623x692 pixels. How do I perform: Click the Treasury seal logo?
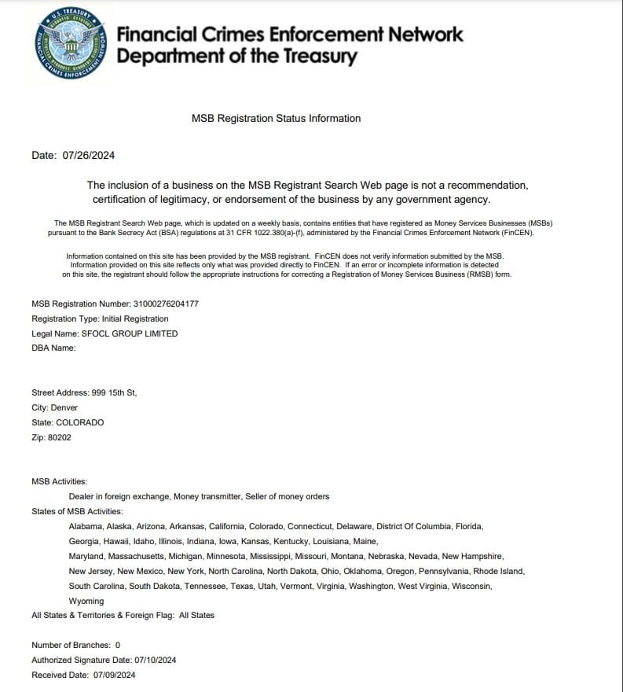[x=71, y=43]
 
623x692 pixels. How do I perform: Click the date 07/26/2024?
[x=89, y=155]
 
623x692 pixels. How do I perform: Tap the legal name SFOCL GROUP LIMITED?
[x=130, y=333]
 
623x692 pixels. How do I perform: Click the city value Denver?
[x=64, y=407]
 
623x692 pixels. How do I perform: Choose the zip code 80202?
[x=59, y=437]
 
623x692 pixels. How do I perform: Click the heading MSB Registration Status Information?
[x=277, y=119]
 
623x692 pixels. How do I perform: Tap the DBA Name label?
[x=53, y=348]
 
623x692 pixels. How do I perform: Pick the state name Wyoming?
[x=86, y=601]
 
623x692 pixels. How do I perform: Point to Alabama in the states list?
[x=86, y=526]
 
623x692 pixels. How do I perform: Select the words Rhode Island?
[x=500, y=571]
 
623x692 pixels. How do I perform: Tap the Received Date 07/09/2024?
[x=115, y=675]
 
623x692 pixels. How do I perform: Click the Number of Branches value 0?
[x=118, y=645]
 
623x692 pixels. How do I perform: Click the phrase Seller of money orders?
[x=288, y=496]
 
